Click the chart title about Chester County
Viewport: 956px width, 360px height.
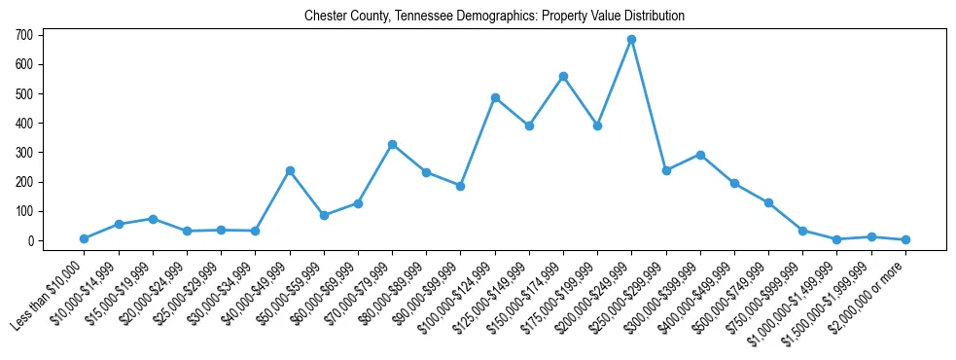pos(494,16)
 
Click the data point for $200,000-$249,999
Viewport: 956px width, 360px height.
pos(631,40)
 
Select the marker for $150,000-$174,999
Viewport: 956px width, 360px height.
pos(563,76)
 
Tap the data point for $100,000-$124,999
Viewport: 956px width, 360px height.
pos(495,97)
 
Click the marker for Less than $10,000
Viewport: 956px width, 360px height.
pos(85,238)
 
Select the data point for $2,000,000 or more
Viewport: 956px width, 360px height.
pos(905,239)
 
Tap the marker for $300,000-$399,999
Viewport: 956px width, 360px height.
pos(700,155)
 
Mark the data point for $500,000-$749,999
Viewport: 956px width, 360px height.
pos(768,202)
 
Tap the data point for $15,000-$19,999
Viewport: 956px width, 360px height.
pos(153,219)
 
